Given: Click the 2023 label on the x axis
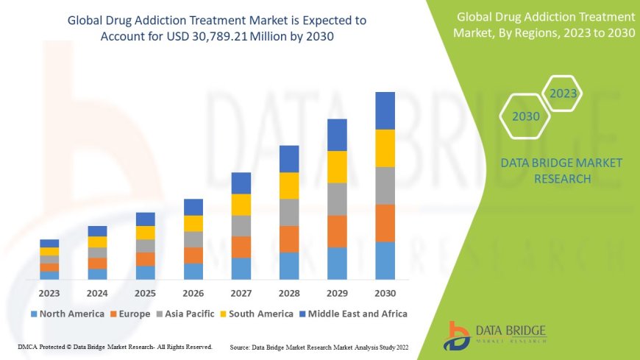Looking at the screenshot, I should (x=49, y=293).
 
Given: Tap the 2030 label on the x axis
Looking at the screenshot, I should (x=385, y=293).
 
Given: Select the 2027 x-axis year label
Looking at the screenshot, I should (x=241, y=293).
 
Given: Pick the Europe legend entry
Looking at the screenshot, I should (x=132, y=314).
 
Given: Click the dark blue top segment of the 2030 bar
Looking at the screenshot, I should (x=385, y=110).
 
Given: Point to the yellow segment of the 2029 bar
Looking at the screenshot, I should (x=337, y=166).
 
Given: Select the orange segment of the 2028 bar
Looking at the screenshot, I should (x=289, y=239).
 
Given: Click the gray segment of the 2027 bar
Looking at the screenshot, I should (x=241, y=225).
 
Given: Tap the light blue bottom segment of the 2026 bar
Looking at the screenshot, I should (x=193, y=271).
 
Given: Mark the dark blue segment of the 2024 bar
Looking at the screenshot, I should (x=97, y=231).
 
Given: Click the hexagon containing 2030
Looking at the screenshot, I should (x=525, y=116).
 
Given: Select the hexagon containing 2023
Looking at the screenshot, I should (x=563, y=93).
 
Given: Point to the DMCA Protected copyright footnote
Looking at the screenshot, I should (x=115, y=346).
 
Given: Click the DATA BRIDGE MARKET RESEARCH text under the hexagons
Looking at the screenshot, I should (x=550, y=171).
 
